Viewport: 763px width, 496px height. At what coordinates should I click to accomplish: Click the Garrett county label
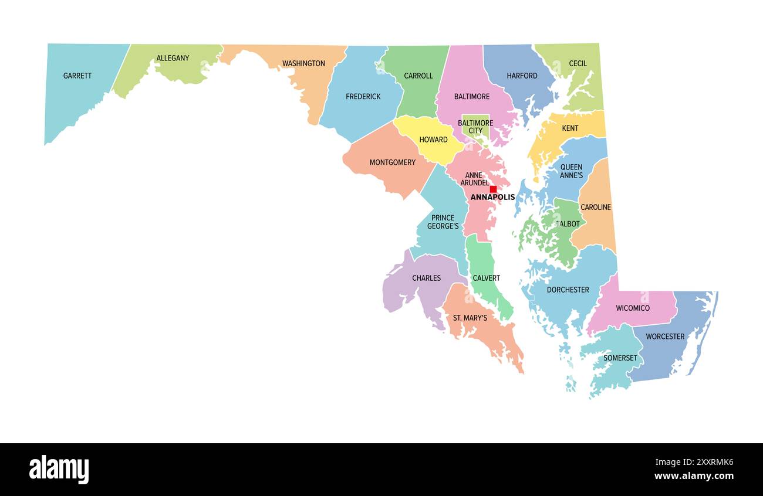pyautogui.click(x=77, y=76)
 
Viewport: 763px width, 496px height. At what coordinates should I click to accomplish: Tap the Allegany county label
pyautogui.click(x=173, y=58)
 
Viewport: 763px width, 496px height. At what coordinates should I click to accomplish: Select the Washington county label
pyautogui.click(x=303, y=63)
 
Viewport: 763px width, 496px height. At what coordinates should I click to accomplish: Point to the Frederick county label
pyautogui.click(x=363, y=96)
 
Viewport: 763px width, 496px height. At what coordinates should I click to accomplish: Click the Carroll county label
pyautogui.click(x=418, y=76)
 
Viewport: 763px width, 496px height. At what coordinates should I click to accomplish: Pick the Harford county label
pyautogui.click(x=522, y=76)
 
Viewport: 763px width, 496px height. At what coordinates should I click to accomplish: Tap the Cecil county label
pyautogui.click(x=578, y=63)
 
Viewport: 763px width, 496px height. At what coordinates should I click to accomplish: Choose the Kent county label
pyautogui.click(x=569, y=128)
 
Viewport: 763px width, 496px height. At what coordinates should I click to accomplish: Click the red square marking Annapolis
pyautogui.click(x=493, y=189)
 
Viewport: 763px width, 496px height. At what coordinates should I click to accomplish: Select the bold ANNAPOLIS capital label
pyautogui.click(x=492, y=198)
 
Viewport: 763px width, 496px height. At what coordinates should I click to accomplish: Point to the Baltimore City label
pyautogui.click(x=475, y=127)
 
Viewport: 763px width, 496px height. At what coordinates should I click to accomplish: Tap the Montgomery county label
pyautogui.click(x=392, y=162)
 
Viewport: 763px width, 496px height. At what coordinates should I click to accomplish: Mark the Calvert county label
pyautogui.click(x=486, y=278)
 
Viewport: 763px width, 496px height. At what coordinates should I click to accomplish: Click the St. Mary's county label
pyautogui.click(x=470, y=318)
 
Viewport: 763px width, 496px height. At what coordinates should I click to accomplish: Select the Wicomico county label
pyautogui.click(x=632, y=308)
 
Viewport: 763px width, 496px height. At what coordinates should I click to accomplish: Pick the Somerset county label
pyautogui.click(x=620, y=358)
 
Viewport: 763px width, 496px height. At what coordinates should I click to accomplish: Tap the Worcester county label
pyautogui.click(x=665, y=337)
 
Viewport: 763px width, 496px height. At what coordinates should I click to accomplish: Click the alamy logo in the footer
pyautogui.click(x=59, y=470)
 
